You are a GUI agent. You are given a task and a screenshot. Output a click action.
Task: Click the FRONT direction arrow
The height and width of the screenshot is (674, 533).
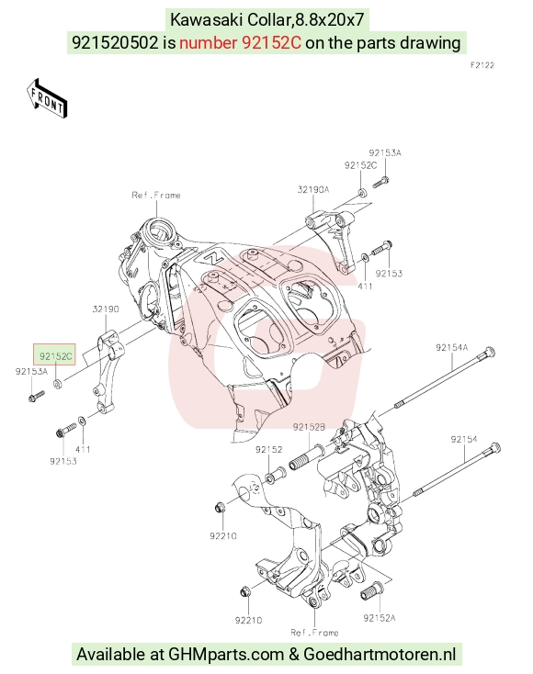47,98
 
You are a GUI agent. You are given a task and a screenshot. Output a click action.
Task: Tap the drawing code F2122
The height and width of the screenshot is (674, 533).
482,65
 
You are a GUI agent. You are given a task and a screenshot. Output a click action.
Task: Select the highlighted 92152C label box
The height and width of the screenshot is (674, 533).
54,354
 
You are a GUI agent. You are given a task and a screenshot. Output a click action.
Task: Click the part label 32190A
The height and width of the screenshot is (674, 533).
313,189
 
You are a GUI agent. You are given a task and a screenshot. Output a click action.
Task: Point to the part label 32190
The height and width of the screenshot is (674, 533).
106,309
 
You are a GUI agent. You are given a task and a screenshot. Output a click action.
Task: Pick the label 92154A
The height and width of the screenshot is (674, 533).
452,347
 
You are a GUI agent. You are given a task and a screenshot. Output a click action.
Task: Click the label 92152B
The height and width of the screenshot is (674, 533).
309,427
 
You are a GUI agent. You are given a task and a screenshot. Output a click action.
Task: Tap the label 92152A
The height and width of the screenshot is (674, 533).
379,618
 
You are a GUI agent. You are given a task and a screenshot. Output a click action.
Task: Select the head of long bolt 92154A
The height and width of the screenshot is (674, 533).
489,353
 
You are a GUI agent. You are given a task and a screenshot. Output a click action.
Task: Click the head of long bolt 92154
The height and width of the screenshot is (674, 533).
494,448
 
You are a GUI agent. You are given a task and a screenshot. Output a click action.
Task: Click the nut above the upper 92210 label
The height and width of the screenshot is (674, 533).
219,507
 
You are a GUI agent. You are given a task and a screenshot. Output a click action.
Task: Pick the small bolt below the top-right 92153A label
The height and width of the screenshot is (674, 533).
380,182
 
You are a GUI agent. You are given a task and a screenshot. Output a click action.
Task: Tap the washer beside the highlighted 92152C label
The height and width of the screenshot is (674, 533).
57,383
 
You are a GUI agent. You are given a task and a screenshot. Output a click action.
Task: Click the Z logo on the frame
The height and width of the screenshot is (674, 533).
212,257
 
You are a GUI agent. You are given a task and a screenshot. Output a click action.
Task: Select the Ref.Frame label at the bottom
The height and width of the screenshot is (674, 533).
314,633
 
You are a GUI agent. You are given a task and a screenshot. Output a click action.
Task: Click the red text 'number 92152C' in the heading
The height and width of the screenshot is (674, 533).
240,42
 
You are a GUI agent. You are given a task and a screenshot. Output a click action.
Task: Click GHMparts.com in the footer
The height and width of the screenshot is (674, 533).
226,654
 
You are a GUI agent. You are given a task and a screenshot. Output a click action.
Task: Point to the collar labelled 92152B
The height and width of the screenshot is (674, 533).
309,457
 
